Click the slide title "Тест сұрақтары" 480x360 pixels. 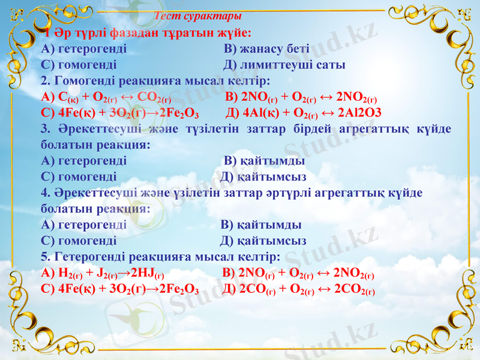[x=198, y=16]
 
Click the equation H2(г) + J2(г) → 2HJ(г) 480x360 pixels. [x=103, y=274]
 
